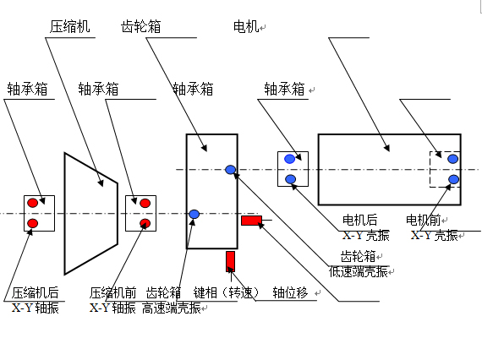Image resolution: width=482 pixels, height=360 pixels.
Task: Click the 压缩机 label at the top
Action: [x=70, y=27]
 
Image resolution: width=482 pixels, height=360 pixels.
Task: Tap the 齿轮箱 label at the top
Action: [x=141, y=27]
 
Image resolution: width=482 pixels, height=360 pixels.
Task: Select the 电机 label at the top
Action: [x=246, y=27]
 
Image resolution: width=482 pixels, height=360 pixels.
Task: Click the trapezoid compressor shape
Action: [x=65, y=214]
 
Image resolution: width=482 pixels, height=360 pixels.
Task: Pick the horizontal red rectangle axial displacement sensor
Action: [x=251, y=221]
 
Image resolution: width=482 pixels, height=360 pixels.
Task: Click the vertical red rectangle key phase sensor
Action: [x=230, y=261]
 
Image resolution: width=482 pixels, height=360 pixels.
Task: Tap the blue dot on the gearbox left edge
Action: [x=194, y=214]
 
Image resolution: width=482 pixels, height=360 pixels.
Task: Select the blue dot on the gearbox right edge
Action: [x=231, y=170]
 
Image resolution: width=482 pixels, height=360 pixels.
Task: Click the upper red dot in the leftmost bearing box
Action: [x=33, y=203]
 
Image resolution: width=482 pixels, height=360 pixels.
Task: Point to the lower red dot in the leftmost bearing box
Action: [x=33, y=223]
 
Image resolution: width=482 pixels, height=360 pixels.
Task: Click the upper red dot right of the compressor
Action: [x=145, y=203]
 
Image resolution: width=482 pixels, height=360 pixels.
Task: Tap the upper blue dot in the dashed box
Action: [x=452, y=159]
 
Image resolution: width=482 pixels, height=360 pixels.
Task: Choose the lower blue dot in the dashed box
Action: [x=454, y=179]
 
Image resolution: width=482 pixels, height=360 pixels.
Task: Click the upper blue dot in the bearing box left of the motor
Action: [x=289, y=159]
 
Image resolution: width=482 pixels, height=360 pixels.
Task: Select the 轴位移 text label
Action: [x=290, y=292]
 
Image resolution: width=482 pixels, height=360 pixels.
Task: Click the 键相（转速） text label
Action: [x=227, y=292]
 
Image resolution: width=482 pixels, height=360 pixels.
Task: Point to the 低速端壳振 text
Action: [x=359, y=272]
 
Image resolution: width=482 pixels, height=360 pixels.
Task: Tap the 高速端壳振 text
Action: [x=172, y=308]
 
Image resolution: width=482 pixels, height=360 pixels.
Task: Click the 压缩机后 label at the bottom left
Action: [x=36, y=292]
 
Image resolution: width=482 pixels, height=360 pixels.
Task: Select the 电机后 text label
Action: [x=360, y=220]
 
